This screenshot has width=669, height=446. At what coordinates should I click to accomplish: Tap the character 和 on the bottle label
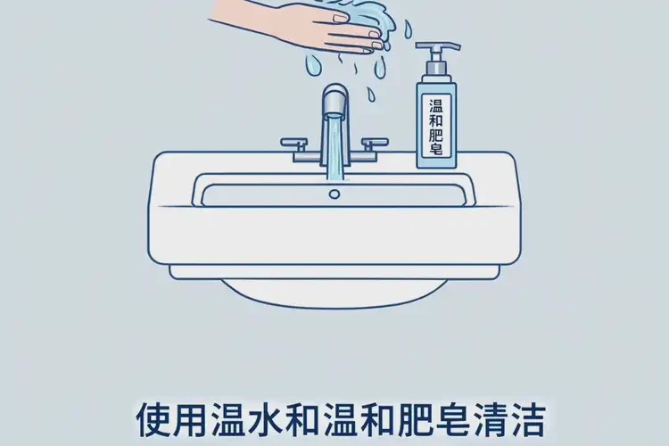click(435, 114)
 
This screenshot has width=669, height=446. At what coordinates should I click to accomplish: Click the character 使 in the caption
click(153, 417)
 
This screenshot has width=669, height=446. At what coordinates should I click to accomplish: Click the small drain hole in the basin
click(334, 191)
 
